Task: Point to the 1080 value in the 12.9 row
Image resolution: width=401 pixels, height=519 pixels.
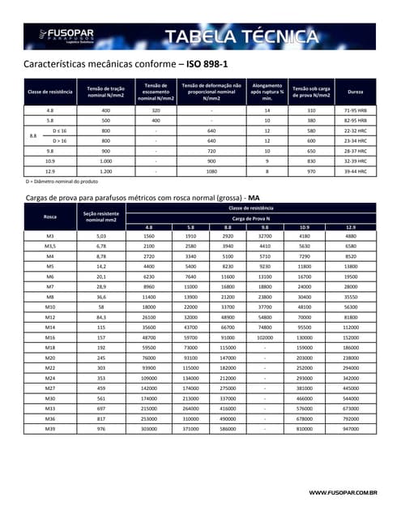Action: point(212,172)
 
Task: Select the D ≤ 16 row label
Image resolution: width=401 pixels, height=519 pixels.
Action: point(59,130)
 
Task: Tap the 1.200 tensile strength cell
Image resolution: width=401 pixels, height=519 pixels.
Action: point(105,172)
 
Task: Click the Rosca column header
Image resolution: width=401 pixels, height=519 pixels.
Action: point(49,217)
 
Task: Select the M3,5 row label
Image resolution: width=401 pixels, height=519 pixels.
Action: point(49,245)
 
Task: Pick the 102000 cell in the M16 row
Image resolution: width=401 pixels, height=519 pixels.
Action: point(264,337)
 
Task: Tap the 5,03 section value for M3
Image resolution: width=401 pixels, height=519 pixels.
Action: point(101,235)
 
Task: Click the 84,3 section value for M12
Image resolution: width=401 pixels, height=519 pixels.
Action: point(101,318)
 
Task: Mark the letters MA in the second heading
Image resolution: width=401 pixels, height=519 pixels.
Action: point(254,197)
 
